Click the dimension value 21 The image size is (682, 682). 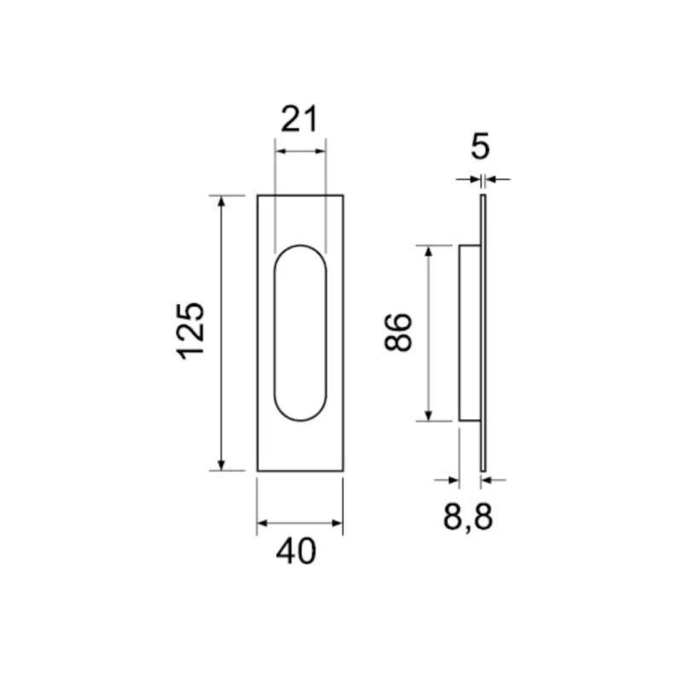click(x=300, y=118)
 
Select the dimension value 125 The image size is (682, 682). click(x=190, y=331)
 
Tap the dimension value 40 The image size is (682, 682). click(x=296, y=551)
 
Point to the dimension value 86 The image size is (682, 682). click(x=397, y=332)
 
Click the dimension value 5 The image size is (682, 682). click(x=480, y=146)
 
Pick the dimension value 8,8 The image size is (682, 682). click(x=468, y=517)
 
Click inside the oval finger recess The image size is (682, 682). click(x=300, y=332)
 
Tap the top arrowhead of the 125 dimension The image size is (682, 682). click(x=222, y=201)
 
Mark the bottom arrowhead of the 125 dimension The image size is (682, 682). click(x=222, y=465)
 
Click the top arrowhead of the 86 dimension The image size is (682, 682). click(x=429, y=251)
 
